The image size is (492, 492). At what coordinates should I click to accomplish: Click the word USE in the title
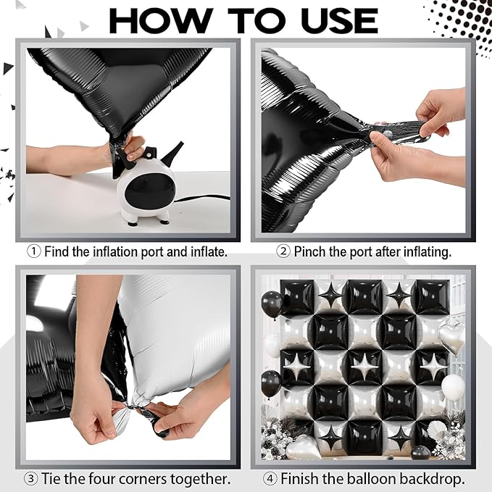339,21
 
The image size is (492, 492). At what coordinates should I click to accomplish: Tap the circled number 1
34,251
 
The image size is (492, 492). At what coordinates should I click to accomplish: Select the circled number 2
283,251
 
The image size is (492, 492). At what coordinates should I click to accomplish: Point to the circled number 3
30,479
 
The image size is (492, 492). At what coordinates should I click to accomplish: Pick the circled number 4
270,479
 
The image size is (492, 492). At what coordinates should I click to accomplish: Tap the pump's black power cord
201,198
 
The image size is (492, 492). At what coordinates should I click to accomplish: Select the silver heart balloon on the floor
304,446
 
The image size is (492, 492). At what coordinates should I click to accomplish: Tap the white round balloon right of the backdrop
453,388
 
